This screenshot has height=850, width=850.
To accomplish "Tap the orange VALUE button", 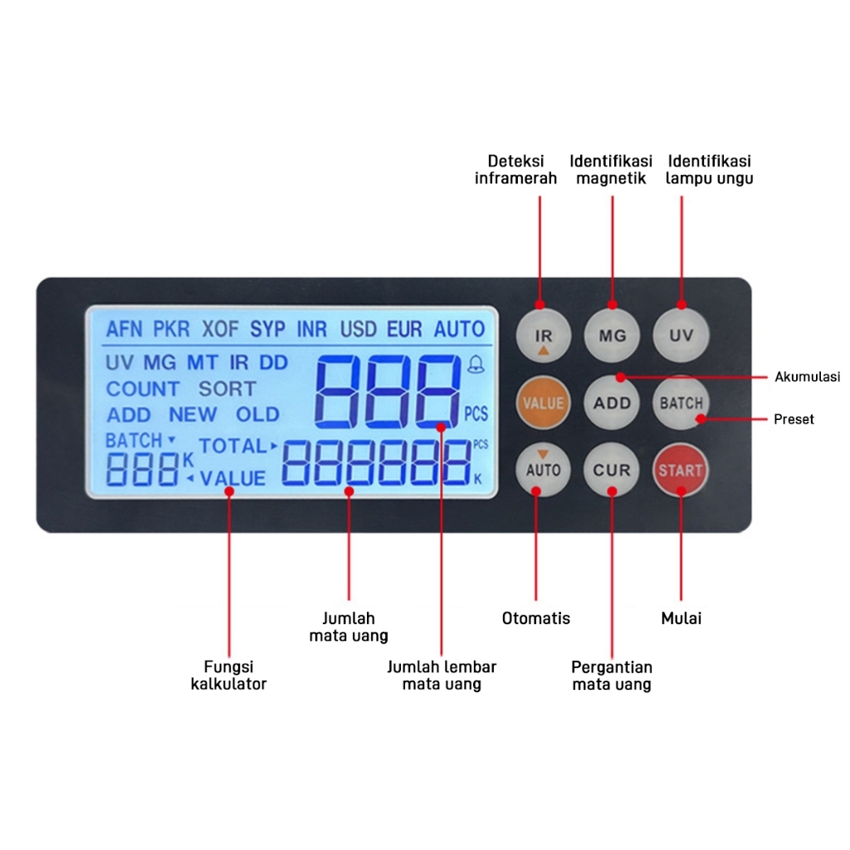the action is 544,403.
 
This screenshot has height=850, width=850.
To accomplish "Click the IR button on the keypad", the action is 544,336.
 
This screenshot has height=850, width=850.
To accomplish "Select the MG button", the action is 613,336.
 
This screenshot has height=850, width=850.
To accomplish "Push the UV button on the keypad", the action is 681,336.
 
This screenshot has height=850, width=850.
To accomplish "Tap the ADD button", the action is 613,403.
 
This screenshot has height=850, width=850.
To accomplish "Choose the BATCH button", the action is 681,403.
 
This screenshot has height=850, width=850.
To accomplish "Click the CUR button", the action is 613,470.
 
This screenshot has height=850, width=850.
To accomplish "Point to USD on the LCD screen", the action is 359,329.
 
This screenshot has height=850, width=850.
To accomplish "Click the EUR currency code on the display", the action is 404,329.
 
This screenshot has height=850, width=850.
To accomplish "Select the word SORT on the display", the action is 227,388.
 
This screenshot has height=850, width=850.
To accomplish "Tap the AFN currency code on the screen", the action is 125,329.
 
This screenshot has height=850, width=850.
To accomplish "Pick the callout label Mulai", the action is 681,618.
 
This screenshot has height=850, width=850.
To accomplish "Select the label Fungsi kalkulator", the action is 228,676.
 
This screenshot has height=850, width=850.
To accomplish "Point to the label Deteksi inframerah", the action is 515,169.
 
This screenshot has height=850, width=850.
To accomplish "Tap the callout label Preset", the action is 794,419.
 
